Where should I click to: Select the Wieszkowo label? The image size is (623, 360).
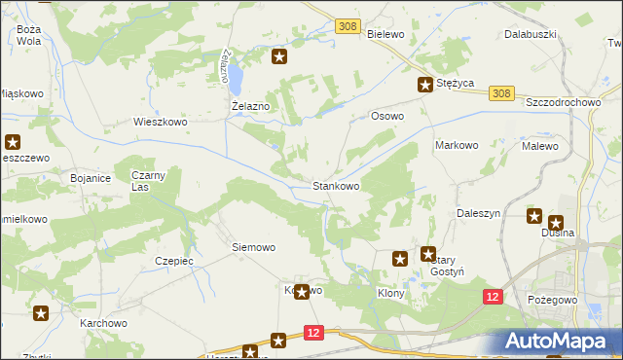pos(160,123)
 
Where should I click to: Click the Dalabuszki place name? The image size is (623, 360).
pos(530,34)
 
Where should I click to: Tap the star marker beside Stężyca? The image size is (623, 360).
pos(425,85)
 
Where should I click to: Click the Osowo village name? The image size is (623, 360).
pos(387,116)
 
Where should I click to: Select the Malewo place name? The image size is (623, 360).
pos(540,145)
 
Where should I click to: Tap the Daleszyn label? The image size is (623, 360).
pos(478,212)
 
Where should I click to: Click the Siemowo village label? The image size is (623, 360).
pos(253,247)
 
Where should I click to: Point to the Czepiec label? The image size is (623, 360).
pos(174,261)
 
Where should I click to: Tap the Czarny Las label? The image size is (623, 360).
pos(150,180)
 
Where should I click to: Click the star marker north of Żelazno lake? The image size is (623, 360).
pos(279,57)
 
